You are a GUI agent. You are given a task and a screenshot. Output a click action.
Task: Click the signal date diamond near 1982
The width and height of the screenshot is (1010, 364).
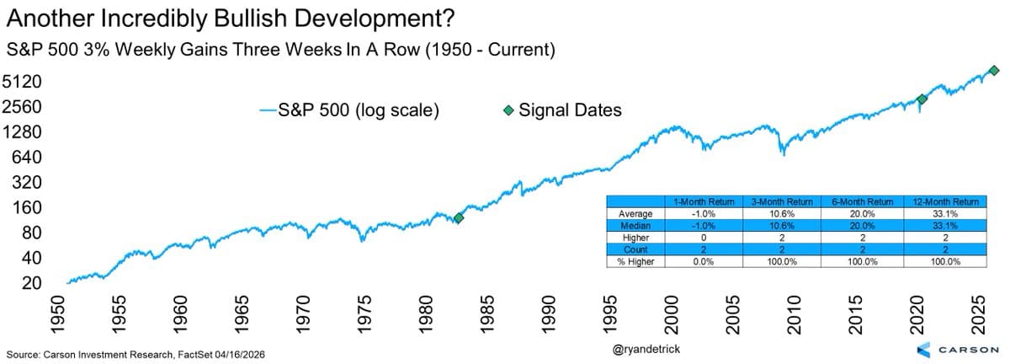coord(459,217)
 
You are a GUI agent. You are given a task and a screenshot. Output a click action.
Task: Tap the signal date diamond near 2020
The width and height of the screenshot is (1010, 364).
coord(922,99)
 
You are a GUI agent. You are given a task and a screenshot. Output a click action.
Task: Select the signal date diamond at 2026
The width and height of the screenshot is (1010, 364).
coord(993,71)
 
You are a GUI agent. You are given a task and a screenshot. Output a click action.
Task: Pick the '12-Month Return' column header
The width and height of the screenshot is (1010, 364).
coord(944,202)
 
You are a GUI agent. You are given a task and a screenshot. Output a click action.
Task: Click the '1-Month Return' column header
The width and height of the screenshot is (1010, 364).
coord(704,202)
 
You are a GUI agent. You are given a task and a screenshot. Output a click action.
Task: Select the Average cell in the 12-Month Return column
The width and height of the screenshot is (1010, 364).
coord(944,214)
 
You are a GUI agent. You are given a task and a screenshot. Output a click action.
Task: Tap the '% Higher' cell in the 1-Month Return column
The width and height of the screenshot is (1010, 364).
coord(704,261)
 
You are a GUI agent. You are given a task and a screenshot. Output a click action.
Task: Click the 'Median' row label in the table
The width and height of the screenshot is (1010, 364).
coord(635,226)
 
